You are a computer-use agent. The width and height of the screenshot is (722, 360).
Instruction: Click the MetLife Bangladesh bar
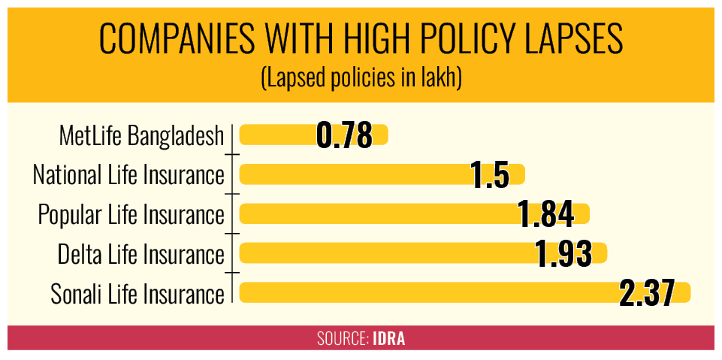point(313,135)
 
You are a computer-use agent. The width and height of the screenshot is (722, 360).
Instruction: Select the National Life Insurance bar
point(382,174)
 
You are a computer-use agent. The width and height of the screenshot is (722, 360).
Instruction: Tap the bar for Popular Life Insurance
point(415,213)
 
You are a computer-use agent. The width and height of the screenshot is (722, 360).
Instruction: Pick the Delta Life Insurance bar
point(423,253)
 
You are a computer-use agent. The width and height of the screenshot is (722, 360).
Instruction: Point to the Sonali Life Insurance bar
point(464,292)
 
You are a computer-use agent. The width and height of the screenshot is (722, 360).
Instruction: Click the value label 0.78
point(344,135)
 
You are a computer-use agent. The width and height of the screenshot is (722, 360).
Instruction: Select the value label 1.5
point(491,175)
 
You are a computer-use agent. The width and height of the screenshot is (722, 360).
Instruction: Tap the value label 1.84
point(545,214)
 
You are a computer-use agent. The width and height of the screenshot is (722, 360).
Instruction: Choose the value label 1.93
point(563,254)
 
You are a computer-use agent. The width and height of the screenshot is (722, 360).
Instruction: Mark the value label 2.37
point(647,294)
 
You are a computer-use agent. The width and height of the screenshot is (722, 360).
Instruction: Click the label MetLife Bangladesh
point(142,136)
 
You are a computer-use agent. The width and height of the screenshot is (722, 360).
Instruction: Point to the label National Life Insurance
point(129,175)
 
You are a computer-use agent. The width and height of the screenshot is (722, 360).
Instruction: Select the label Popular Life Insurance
point(131,215)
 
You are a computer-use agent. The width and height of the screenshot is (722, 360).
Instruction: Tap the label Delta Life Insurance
point(141,255)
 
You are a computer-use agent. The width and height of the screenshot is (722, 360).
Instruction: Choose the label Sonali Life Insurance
point(137,294)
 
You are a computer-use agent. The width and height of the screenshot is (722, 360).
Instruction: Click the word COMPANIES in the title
point(177,40)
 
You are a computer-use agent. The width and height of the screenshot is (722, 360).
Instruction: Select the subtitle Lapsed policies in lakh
point(361,80)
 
